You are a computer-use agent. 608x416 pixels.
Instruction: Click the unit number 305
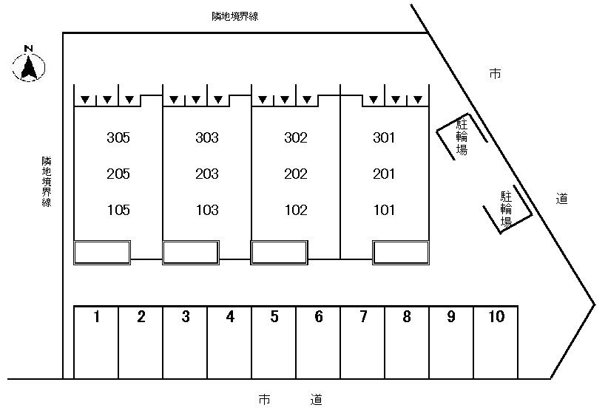pos(118,137)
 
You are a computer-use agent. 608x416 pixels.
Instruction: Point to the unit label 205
pos(118,174)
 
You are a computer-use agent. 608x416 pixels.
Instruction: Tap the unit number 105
pos(118,211)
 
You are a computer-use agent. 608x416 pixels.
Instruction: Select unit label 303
pos(207,137)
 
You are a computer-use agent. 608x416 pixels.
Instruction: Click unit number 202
pos(296,174)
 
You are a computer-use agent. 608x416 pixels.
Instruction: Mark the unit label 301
pos(385,137)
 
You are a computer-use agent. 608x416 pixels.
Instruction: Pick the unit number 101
pos(385,211)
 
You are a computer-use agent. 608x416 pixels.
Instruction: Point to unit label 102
pos(296,211)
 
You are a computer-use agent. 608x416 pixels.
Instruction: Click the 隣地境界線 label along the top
pos(234,16)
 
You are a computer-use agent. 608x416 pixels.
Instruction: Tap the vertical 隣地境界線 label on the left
pos(46,181)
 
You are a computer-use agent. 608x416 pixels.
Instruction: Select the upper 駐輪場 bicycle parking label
pos(462,136)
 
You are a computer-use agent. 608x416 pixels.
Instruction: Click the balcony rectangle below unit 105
pos(102,252)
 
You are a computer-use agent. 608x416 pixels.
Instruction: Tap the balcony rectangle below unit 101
pos(401,252)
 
